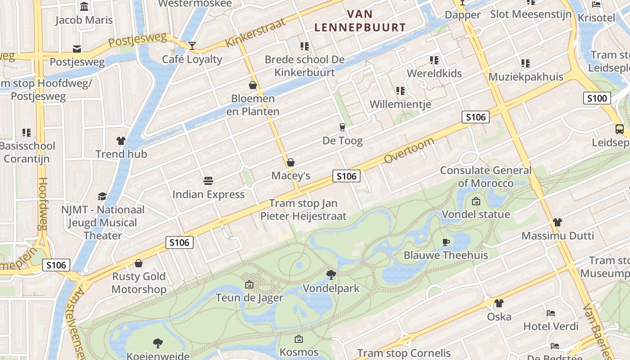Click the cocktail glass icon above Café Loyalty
click(x=192, y=45)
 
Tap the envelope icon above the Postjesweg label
click(x=77, y=49)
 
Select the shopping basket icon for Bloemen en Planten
click(x=253, y=85)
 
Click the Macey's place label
click(x=291, y=175)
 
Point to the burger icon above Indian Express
click(x=208, y=181)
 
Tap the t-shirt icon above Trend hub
click(x=121, y=141)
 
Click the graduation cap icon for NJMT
click(x=103, y=196)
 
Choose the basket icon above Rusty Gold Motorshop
click(x=139, y=263)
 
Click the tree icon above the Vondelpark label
click(x=331, y=274)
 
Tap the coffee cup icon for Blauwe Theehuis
click(x=445, y=242)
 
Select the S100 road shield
click(x=597, y=98)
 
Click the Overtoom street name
click(x=409, y=150)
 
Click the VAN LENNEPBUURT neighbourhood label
click(x=360, y=21)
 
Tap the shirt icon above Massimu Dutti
click(x=558, y=222)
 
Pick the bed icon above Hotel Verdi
click(x=551, y=313)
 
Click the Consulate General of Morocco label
click(x=486, y=176)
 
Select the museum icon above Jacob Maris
click(x=84, y=7)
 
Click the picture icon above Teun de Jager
click(x=249, y=284)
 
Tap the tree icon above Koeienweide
click(x=158, y=343)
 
